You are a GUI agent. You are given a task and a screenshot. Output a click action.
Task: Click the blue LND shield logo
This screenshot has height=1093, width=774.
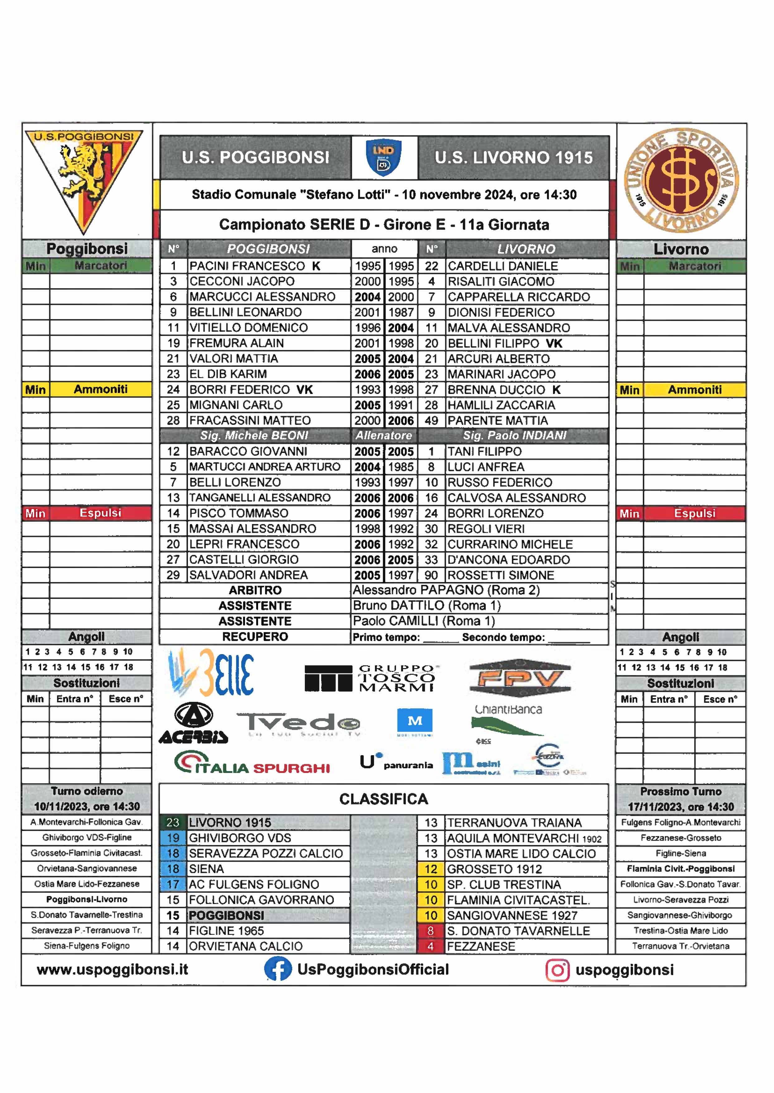tap(384, 158)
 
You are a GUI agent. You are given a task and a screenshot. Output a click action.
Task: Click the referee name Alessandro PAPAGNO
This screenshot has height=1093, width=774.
tap(446, 590)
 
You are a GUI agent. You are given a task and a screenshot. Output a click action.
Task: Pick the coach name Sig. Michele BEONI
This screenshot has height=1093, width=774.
tap(254, 435)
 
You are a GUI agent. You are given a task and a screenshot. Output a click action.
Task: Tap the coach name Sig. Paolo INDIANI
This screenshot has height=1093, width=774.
tap(515, 435)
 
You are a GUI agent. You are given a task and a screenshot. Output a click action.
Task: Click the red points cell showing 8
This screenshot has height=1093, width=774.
tap(431, 931)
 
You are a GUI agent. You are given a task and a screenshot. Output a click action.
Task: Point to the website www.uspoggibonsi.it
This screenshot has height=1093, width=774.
tap(113, 969)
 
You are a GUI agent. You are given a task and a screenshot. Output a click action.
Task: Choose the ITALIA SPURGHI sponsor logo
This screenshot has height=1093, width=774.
tap(252, 763)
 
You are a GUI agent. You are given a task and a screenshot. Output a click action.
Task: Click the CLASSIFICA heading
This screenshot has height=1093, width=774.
tap(384, 799)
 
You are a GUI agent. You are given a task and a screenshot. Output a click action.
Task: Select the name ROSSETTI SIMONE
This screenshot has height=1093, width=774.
tap(500, 575)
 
